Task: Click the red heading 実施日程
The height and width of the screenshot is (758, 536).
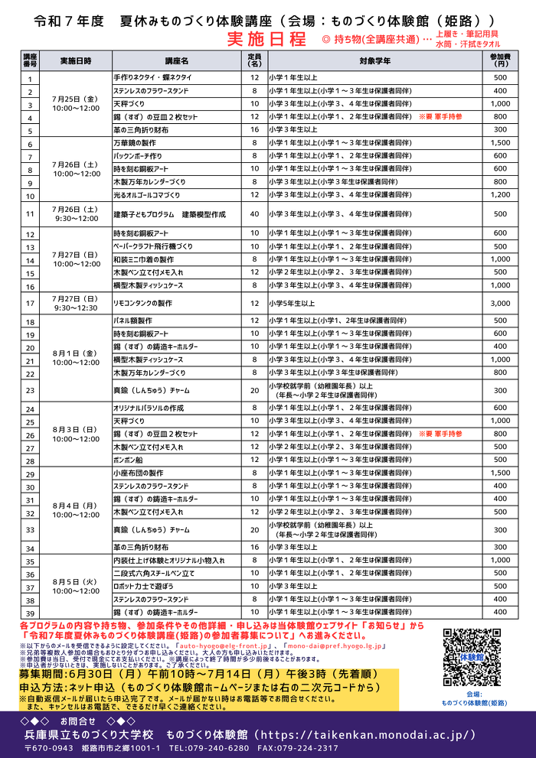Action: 266,38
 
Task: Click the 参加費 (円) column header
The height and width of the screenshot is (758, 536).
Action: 499,60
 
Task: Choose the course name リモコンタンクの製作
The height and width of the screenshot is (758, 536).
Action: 142,304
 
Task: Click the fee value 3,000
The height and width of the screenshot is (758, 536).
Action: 500,304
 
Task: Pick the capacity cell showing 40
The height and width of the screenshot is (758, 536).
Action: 254,215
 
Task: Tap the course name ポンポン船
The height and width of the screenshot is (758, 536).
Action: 127,460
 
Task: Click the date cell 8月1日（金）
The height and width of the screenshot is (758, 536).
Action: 74,353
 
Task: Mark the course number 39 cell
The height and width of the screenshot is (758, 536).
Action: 31,613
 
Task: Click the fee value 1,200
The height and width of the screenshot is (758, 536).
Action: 500,195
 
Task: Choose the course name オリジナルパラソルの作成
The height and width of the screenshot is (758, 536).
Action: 149,408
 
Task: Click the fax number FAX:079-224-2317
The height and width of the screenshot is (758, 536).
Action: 297,748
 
